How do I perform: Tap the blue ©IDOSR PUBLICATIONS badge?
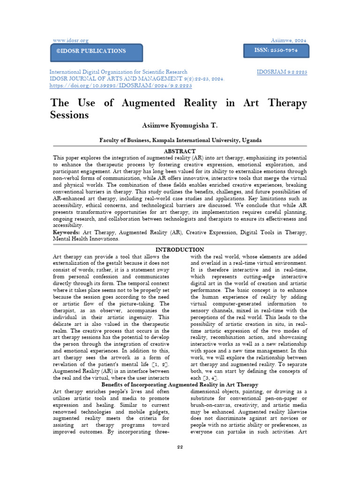click(x=96, y=51)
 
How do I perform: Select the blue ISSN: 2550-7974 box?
click(x=276, y=49)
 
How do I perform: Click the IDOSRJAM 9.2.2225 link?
click(x=282, y=72)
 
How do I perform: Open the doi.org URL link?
click(x=114, y=86)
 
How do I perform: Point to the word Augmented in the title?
click(x=155, y=103)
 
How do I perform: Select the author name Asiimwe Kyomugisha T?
click(x=180, y=126)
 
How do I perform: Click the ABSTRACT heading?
click(x=180, y=151)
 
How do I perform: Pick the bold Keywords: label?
click(x=66, y=232)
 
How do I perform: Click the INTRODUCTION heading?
click(x=180, y=250)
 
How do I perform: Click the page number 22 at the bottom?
click(x=180, y=447)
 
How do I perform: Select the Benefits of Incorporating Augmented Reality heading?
click(x=180, y=385)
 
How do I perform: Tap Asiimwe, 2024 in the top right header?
click(x=289, y=41)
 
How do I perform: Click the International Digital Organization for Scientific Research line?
click(x=119, y=72)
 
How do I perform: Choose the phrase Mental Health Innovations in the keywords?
click(x=86, y=239)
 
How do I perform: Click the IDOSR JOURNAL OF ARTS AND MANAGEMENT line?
click(x=131, y=79)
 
